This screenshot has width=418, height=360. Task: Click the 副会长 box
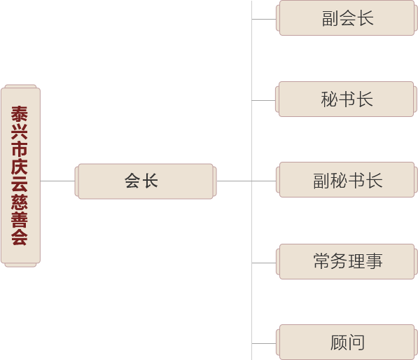[x=347, y=18]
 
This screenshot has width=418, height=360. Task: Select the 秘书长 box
[x=346, y=99]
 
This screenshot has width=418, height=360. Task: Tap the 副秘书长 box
[x=347, y=180]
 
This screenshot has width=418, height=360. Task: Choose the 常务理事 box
[x=347, y=262]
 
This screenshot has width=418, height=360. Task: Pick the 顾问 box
[x=347, y=342]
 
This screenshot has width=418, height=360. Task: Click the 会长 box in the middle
[x=146, y=181]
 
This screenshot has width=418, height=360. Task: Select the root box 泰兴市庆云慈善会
[x=20, y=176]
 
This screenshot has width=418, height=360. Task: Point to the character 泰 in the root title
[x=20, y=114]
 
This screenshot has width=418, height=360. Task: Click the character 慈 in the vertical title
[x=20, y=202]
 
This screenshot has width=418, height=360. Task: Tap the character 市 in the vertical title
[x=20, y=149]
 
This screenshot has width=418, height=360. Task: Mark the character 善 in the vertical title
[x=20, y=219]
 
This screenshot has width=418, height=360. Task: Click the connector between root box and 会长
[x=57, y=181]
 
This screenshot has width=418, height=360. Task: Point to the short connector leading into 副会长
[x=264, y=19]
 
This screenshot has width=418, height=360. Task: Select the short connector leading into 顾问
[x=264, y=343]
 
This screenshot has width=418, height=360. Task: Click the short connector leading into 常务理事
[x=264, y=263]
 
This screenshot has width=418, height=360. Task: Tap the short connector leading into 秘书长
[x=264, y=101]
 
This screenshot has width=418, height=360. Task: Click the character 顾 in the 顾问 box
[x=339, y=342]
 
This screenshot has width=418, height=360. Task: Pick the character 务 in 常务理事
[x=339, y=261]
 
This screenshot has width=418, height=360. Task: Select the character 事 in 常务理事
[x=375, y=261]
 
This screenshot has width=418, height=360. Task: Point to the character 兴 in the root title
[x=20, y=132]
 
